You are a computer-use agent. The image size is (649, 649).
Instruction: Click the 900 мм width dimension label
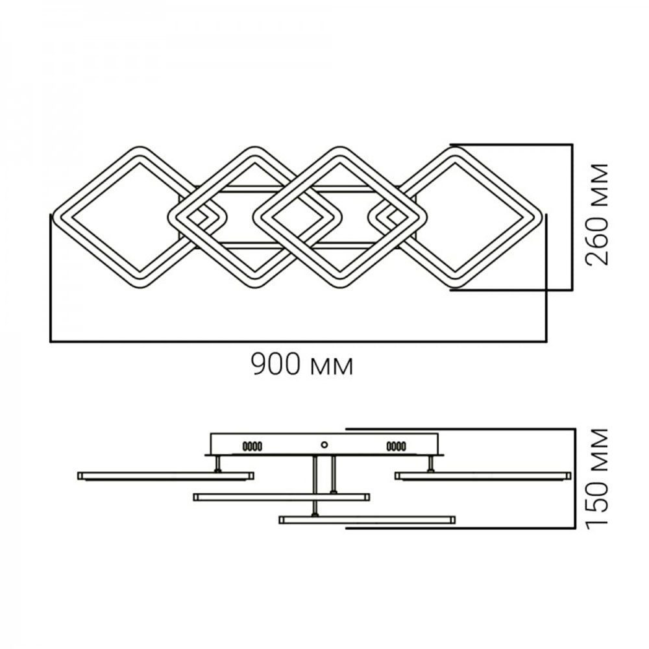click(302, 364)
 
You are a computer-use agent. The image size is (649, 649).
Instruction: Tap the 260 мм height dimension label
click(597, 214)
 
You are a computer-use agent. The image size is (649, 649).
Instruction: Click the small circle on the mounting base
click(324, 445)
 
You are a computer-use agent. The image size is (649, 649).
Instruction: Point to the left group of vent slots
click(252, 447)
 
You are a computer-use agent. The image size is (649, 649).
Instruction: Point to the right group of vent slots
click(396, 447)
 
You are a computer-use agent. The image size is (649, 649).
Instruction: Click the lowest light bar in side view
click(367, 519)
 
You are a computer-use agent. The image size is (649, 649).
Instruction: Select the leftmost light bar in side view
click(165, 476)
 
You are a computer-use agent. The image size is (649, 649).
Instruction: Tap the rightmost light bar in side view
click(483, 476)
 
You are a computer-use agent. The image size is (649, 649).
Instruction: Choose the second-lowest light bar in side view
click(282, 496)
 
